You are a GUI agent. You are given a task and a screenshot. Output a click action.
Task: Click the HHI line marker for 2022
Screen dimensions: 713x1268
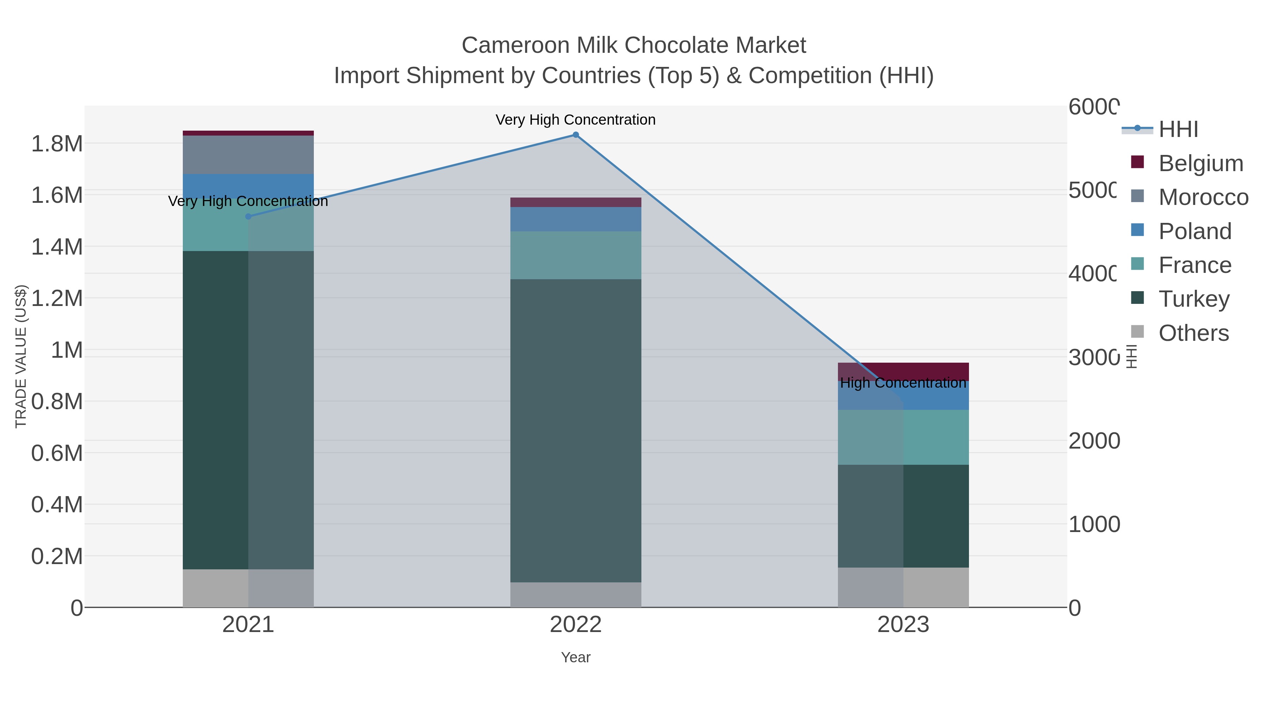576,135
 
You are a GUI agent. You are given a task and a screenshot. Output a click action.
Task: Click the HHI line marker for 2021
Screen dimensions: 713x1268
248,217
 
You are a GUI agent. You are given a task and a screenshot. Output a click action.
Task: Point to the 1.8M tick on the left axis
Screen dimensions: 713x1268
57,144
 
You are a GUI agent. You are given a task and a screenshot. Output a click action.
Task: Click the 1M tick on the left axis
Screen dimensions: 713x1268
67,350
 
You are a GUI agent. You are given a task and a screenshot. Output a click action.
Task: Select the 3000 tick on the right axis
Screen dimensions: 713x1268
1094,357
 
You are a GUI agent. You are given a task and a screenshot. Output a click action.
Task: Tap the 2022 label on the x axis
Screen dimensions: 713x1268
576,624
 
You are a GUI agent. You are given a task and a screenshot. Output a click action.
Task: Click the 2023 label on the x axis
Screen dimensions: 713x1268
903,624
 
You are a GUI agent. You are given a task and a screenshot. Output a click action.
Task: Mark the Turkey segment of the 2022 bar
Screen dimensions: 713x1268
576,431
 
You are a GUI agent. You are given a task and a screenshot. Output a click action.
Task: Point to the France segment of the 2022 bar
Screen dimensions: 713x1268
576,255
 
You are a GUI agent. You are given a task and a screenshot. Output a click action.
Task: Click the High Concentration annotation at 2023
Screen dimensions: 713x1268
903,383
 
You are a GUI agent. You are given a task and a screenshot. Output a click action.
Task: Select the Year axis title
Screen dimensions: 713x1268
576,657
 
